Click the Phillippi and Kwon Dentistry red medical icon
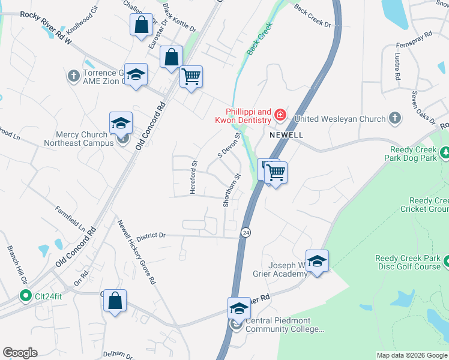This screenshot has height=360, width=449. point(280,114)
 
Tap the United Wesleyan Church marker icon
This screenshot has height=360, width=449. point(395,118)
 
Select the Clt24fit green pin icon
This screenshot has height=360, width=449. point(25,295)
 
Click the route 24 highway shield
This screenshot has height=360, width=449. point(246,232)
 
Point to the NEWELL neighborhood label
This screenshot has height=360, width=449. point(286,135)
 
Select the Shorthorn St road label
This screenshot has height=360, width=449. point(228,190)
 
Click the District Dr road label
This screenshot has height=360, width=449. point(150,236)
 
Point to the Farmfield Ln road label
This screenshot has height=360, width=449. point(71,219)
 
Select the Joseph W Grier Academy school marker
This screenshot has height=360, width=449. point(317,260)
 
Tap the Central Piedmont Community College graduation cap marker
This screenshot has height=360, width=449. point(239,308)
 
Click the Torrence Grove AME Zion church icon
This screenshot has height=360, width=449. point(73,76)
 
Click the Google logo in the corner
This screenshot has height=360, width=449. point(20,353)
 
